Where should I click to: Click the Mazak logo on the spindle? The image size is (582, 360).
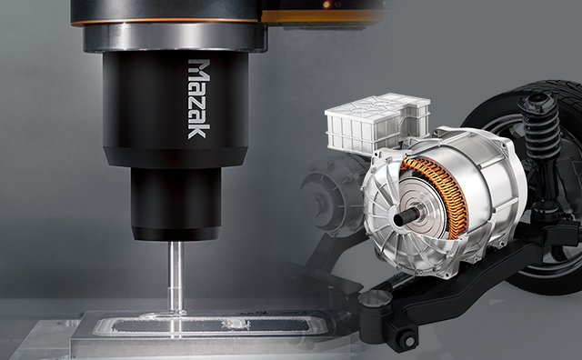pyautogui.click(x=199, y=99)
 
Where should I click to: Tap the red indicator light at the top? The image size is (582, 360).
pyautogui.click(x=326, y=5)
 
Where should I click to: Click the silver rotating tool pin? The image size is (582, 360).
pyautogui.click(x=176, y=276)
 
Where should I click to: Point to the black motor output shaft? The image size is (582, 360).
pyautogui.click(x=406, y=216)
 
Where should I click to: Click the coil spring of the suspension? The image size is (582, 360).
pyautogui.click(x=541, y=128)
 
